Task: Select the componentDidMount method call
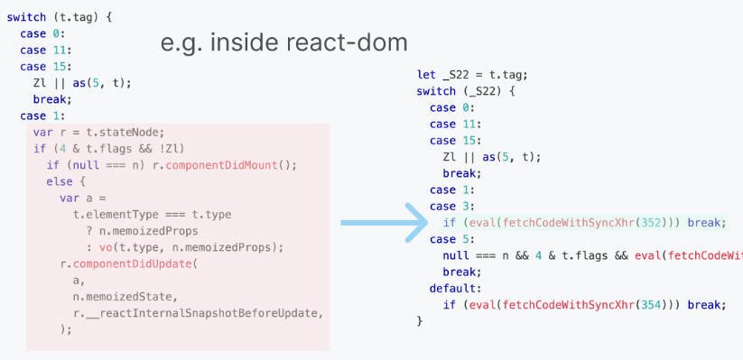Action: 236,165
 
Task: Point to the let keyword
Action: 426,75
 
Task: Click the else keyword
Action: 60,181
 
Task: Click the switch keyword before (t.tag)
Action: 26,17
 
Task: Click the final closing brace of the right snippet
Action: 420,320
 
